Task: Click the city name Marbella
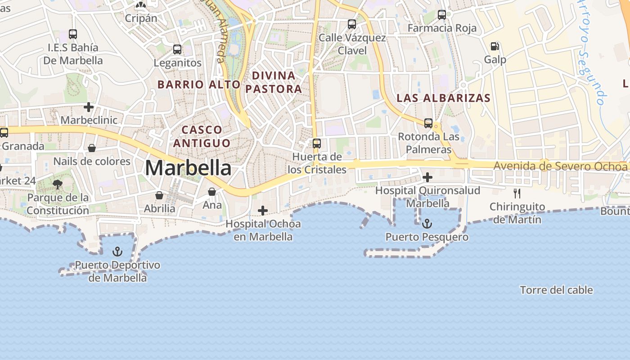[188, 168]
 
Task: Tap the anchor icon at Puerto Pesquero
[427, 224]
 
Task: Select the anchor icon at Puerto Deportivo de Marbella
[117, 252]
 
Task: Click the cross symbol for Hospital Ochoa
[263, 210]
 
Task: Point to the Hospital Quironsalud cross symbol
[427, 177]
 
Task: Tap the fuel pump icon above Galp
[495, 46]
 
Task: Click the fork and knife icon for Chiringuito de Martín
[517, 193]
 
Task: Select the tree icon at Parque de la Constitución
[57, 184]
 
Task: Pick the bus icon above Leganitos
[177, 49]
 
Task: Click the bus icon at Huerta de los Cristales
[317, 144]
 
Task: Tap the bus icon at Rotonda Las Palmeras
[428, 123]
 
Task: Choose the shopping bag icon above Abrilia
[159, 195]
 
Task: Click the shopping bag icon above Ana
[212, 192]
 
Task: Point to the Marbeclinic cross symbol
[89, 107]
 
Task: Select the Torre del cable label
[556, 290]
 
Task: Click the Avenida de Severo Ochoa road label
[560, 166]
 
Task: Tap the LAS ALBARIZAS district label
[443, 98]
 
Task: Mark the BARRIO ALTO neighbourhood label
[199, 84]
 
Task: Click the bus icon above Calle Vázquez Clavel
[352, 24]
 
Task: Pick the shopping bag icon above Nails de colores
[92, 148]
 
